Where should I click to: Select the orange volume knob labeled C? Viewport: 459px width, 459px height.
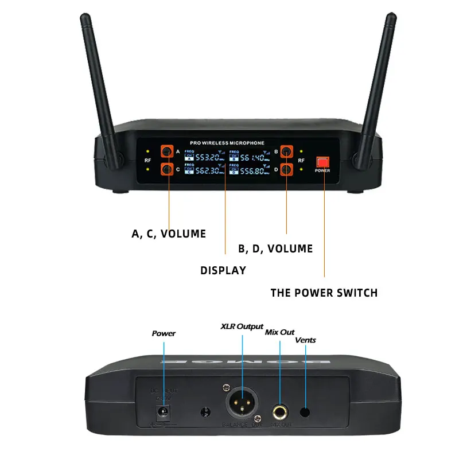[167, 169]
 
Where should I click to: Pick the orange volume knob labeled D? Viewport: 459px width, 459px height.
[286, 170]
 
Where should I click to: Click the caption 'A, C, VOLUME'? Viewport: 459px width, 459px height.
[169, 234]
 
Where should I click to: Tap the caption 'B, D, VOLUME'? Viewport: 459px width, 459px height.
[275, 248]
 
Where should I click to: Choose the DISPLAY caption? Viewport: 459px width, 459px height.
[223, 270]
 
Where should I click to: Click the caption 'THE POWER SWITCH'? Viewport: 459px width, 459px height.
[324, 293]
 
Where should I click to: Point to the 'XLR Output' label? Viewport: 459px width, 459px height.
[242, 326]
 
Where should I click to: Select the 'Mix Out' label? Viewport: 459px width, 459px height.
[279, 332]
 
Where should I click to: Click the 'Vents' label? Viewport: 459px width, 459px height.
[305, 340]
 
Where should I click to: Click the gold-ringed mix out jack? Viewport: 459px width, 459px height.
[279, 410]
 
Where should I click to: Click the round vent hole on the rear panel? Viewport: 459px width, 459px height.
[305, 411]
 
